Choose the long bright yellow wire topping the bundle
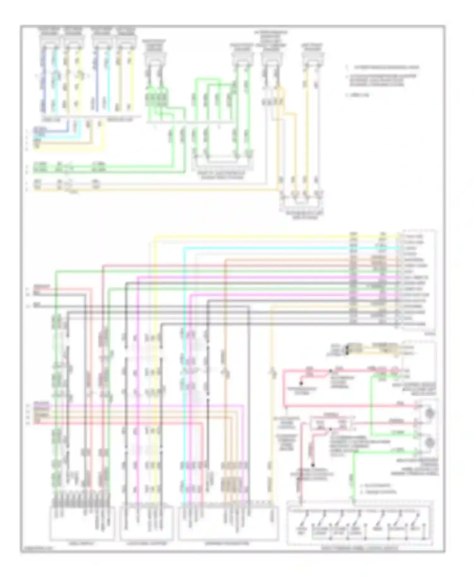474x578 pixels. [253, 236]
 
